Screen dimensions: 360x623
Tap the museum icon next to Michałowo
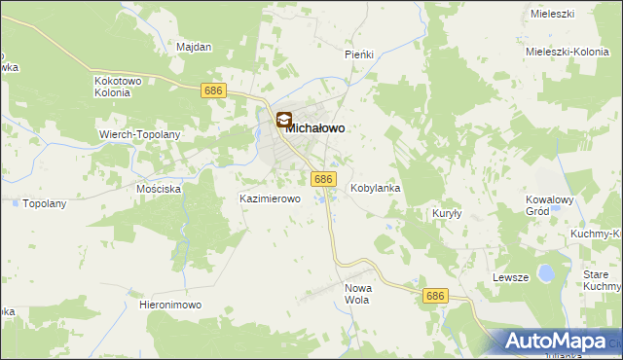tap(283, 122)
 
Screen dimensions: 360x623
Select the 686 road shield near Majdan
tap(215, 90)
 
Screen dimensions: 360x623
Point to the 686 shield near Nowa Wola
tap(435, 295)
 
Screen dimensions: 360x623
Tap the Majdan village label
tap(194, 46)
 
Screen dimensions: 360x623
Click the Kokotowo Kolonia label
tap(118, 87)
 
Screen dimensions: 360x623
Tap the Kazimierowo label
tap(270, 198)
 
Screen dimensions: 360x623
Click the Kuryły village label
tap(446, 212)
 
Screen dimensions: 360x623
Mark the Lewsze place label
tap(510, 277)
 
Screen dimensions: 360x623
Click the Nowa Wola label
tap(359, 294)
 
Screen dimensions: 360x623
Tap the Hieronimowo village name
tap(170, 305)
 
